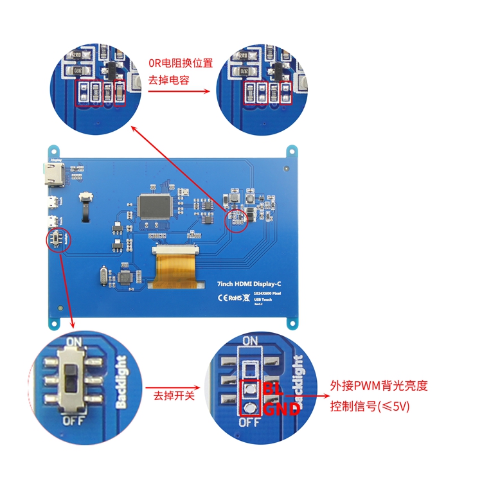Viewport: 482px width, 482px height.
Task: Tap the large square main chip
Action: (x=155, y=206)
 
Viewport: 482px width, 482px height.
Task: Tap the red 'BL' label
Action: (x=273, y=389)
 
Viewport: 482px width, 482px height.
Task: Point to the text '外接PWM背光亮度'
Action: (x=379, y=386)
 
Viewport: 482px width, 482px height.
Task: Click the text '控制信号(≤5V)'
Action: (x=370, y=406)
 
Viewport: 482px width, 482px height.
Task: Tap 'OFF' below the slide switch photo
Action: (x=72, y=420)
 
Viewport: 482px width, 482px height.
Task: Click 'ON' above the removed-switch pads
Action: (x=250, y=341)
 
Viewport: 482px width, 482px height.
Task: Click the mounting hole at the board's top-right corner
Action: (x=292, y=151)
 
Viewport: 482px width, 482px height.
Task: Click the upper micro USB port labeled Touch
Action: (x=50, y=206)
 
